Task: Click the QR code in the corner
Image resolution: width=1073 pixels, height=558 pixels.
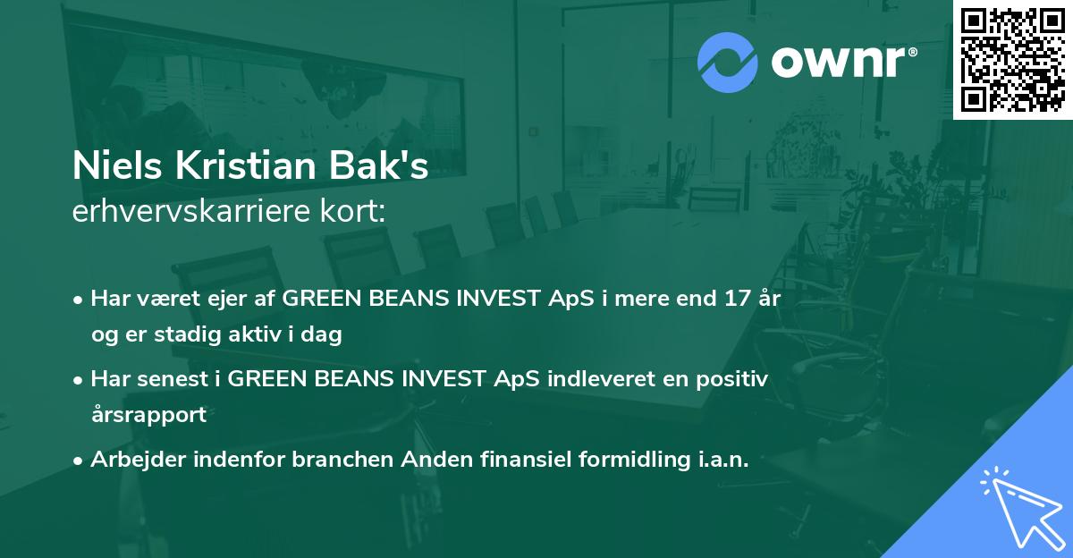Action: [1012, 60]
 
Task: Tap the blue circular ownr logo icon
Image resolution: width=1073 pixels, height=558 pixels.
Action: [728, 63]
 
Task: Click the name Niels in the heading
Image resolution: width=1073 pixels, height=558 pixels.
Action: [117, 165]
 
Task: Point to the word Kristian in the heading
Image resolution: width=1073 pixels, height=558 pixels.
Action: [245, 165]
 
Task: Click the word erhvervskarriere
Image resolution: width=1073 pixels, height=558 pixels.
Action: [191, 211]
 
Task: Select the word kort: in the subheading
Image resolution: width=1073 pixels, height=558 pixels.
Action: [352, 211]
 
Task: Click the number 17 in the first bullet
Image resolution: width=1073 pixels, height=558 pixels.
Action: [737, 299]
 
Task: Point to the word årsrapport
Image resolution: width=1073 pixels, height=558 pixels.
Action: [149, 415]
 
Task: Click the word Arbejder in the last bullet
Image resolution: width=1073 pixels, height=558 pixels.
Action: [138, 460]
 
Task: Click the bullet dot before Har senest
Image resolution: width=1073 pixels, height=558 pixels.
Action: [78, 381]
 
